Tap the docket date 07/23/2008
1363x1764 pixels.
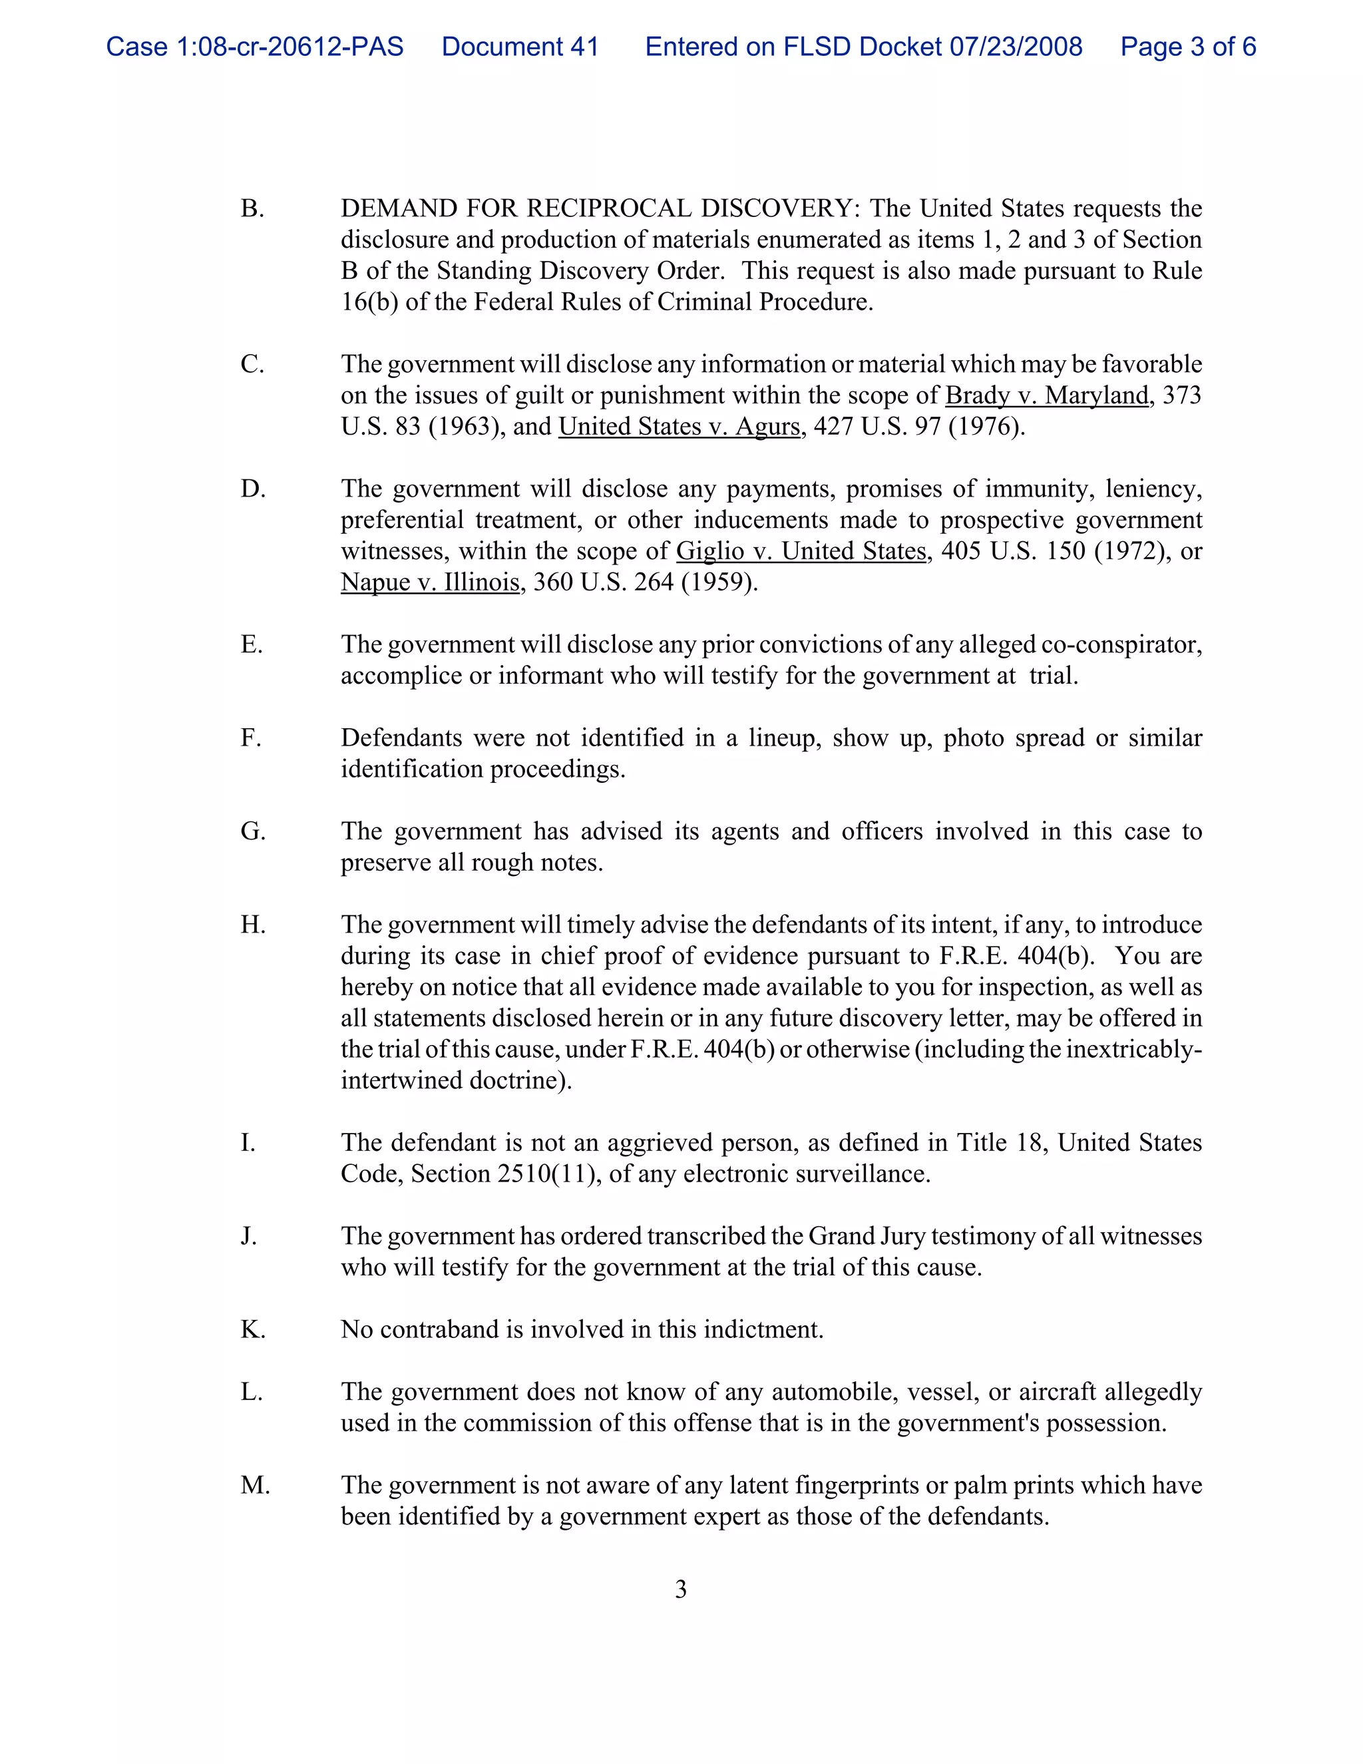click(x=1016, y=47)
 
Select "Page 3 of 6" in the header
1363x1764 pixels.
click(x=1188, y=47)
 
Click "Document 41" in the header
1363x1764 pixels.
click(x=520, y=47)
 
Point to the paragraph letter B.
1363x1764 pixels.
click(x=252, y=209)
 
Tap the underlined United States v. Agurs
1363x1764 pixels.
click(x=679, y=427)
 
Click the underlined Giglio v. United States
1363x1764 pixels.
click(x=801, y=551)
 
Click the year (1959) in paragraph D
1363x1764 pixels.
click(x=719, y=582)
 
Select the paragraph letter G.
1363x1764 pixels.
click(x=253, y=832)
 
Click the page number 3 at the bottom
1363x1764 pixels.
click(x=681, y=1590)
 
